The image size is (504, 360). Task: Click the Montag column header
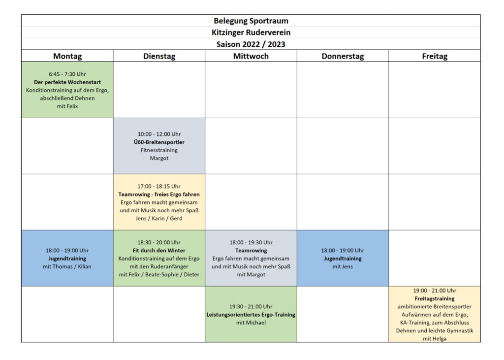coord(67,56)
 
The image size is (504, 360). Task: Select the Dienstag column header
coord(159,56)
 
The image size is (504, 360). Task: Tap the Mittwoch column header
coord(251,56)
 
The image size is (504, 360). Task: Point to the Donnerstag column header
coord(343,56)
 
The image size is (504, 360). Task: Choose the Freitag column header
coord(435,56)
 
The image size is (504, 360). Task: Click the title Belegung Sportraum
coord(251,21)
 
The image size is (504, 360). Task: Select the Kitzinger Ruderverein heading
coord(251,33)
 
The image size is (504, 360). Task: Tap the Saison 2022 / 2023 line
coord(251,44)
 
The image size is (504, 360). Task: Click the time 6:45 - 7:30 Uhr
coord(67,74)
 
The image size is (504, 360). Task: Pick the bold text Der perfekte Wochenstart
coord(67,82)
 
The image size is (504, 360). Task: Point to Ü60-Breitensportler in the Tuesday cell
coord(159,142)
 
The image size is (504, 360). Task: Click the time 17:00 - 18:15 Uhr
coord(159,187)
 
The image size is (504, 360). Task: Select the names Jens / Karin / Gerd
coord(159,218)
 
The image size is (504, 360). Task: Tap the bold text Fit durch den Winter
coord(159,251)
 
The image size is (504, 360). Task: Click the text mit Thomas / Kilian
coord(67,266)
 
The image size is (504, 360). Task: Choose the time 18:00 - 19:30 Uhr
coord(251,242)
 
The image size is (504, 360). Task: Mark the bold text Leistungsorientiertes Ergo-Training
coord(251,314)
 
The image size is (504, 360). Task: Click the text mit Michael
coord(251,323)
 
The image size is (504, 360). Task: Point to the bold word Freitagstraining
coord(435,298)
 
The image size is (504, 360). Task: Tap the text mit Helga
coord(435,339)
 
